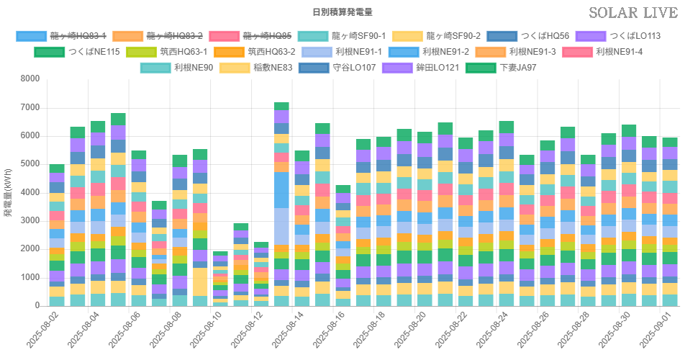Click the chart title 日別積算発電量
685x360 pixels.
pyautogui.click(x=342, y=12)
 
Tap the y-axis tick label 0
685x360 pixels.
pyautogui.click(x=36, y=306)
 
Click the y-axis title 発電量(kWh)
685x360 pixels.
pyautogui.click(x=8, y=192)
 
